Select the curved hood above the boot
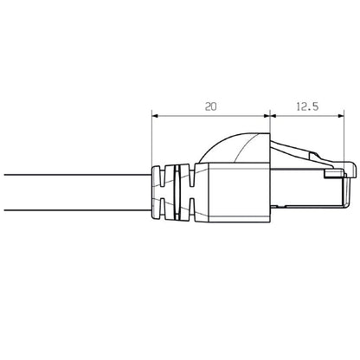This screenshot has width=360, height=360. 234,145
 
